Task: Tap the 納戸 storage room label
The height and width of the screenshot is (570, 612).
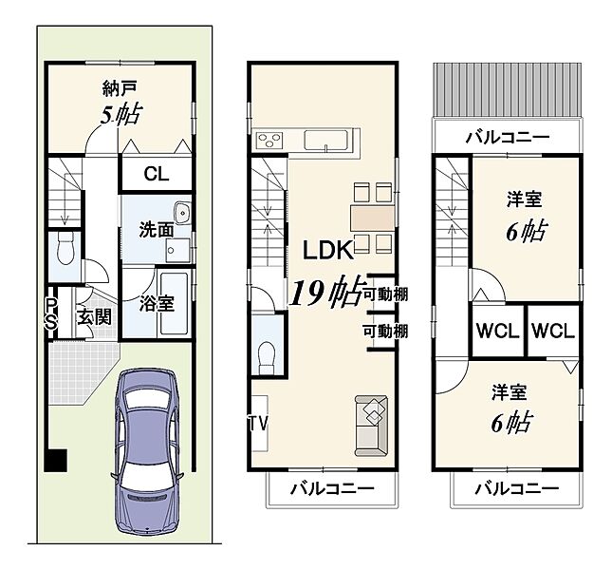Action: point(120,88)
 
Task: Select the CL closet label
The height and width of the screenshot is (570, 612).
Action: point(157,174)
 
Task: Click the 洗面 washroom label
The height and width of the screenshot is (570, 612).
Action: point(157,230)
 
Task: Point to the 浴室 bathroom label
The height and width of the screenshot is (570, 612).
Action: point(157,304)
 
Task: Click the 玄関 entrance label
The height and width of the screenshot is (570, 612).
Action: point(94,317)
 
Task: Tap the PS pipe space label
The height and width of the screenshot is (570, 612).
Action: point(51,314)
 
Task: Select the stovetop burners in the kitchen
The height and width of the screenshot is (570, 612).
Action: point(269,140)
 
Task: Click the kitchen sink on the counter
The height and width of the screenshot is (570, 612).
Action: point(325,141)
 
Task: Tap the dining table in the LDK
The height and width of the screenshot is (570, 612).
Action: point(372,218)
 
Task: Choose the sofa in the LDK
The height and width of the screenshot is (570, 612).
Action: point(371,426)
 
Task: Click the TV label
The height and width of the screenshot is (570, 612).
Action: point(259,423)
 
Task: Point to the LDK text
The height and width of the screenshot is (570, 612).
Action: point(328,251)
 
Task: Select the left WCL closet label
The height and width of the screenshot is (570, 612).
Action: point(497,332)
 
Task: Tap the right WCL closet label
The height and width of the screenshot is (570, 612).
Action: point(553,332)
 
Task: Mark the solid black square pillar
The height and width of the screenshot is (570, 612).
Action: point(55,460)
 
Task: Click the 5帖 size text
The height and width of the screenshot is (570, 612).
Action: point(121,114)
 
